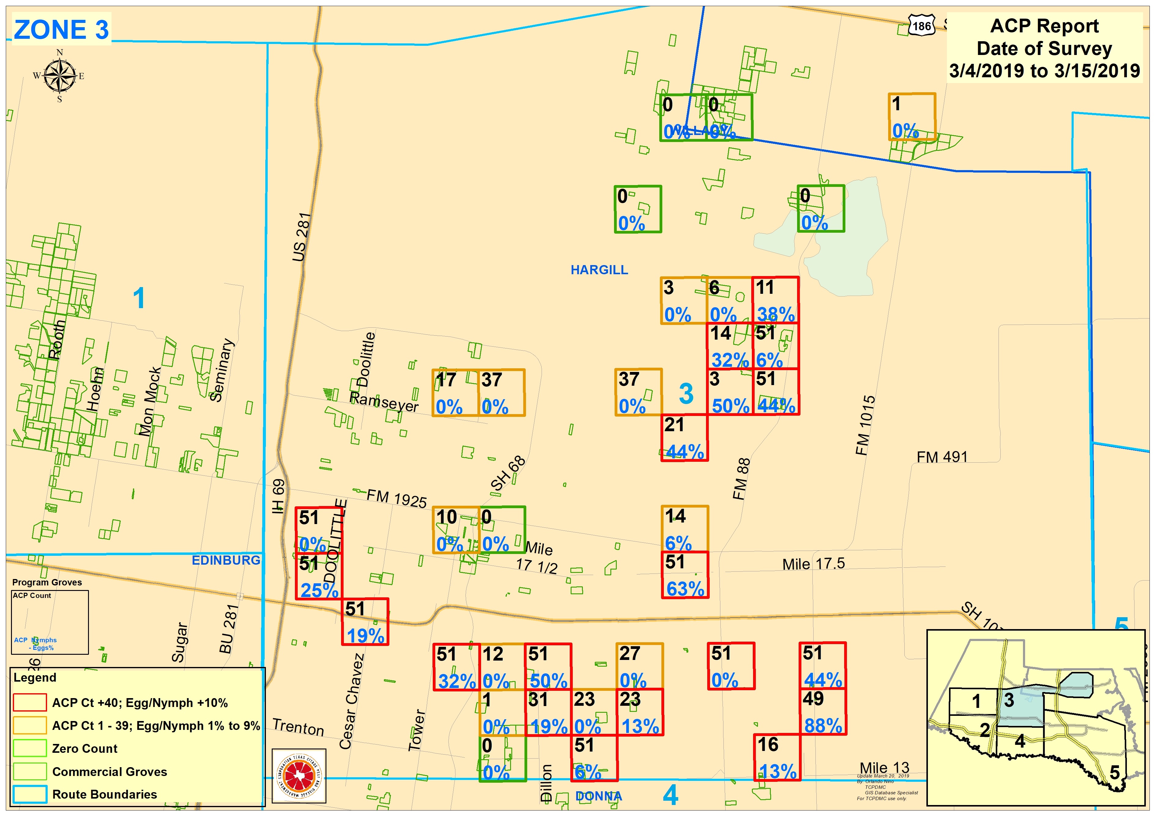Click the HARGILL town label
tap(599, 270)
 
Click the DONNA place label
tap(599, 796)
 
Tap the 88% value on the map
tap(823, 726)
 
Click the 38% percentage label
tap(776, 315)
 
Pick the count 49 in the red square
tap(813, 699)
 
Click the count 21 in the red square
tap(674, 425)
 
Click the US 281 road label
tap(302, 237)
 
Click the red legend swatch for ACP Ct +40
tap(30, 702)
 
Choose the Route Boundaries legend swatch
tap(30, 794)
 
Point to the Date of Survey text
tap(1044, 49)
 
